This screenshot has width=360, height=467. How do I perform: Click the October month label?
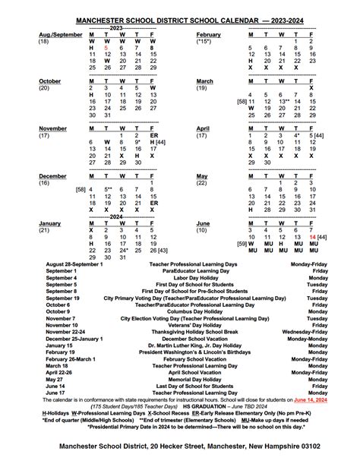coord(50,80)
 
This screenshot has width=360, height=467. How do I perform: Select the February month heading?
coord(208,35)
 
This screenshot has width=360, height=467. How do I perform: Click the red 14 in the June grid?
coord(312,237)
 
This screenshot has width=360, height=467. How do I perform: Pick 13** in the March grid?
coord(285,101)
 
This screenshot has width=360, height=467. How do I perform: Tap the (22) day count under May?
coord(201,183)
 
